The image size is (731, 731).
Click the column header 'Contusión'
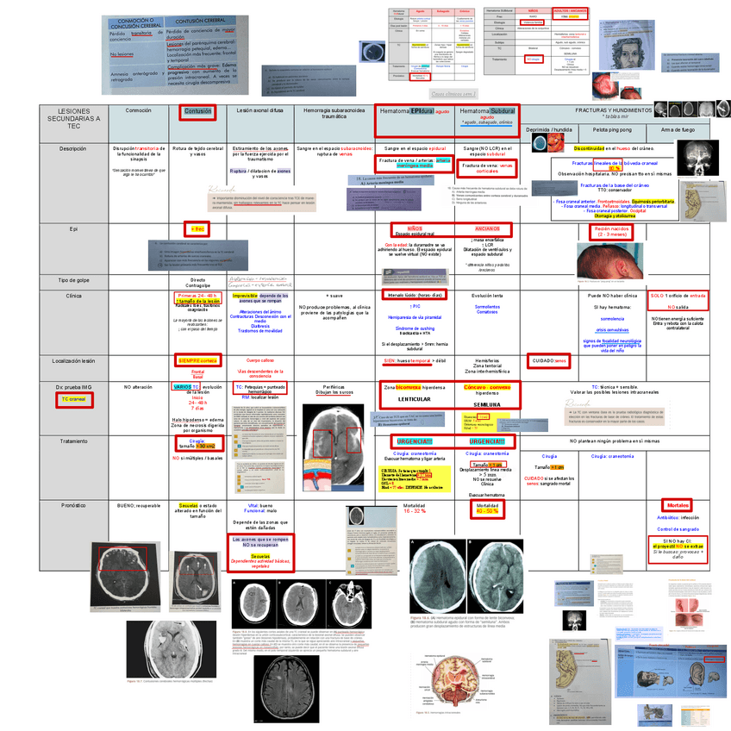(197, 112)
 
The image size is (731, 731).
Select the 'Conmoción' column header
(138, 111)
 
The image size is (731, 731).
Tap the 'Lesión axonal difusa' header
(260, 111)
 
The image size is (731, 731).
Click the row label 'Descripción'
(73, 148)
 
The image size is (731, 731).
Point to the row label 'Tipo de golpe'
(73, 281)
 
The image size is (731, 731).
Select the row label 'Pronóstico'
(73, 505)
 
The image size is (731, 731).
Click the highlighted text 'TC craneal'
(72, 400)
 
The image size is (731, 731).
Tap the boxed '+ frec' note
(197, 229)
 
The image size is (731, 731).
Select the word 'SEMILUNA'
(487, 403)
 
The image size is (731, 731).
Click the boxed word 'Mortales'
(676, 505)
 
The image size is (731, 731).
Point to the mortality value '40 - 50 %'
(487, 511)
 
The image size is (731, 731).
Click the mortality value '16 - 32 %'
(415, 511)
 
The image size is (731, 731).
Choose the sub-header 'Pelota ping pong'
(612, 129)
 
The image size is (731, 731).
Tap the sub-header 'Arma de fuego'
(678, 129)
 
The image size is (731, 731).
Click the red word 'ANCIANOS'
(486, 228)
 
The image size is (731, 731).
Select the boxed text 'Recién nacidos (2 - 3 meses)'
(612, 231)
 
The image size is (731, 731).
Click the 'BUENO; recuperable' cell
(138, 505)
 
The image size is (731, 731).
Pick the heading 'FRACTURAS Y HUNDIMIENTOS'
(613, 110)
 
